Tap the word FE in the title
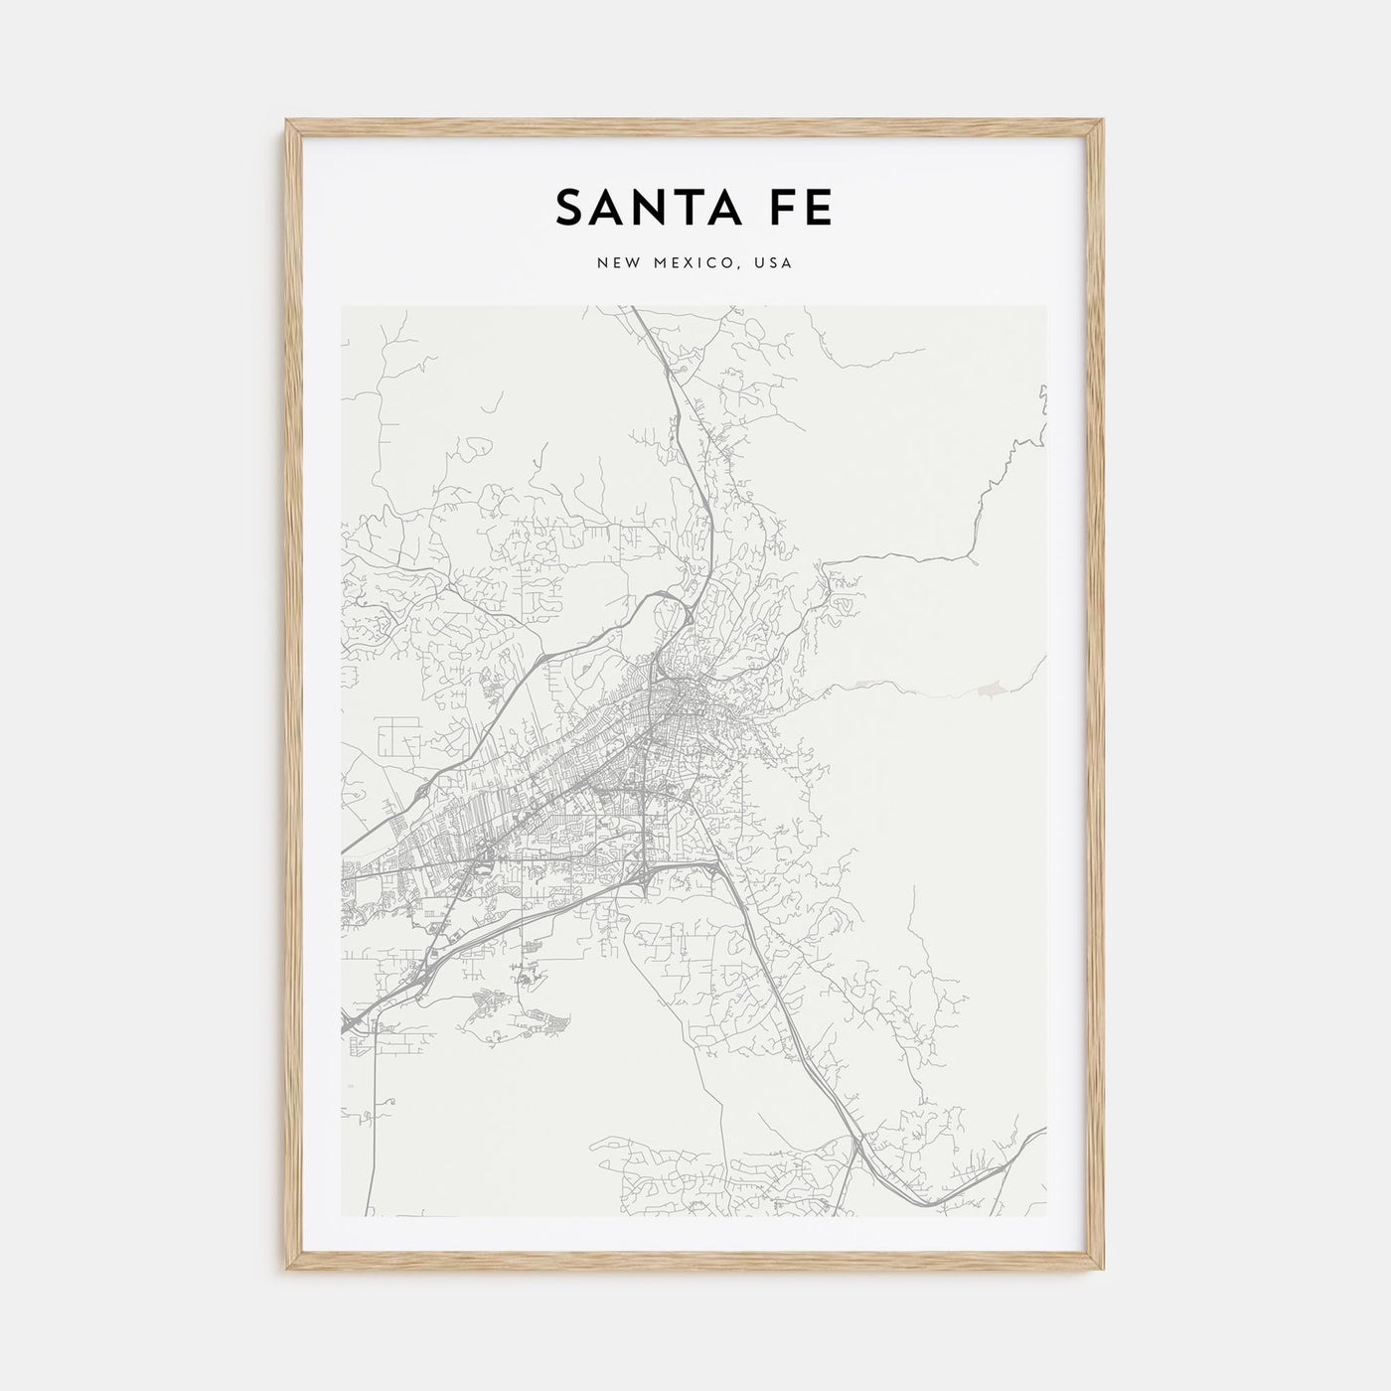pos(800,207)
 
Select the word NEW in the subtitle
pos(618,263)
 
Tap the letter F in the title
pos(781,207)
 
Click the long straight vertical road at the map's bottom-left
pos(373,1123)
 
